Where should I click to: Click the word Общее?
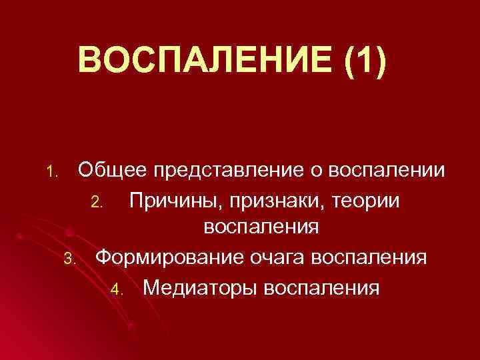point(113,171)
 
